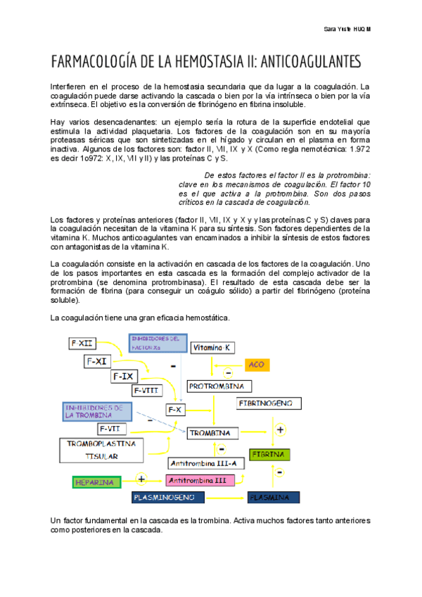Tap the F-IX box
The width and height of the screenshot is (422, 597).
pyautogui.click(x=123, y=377)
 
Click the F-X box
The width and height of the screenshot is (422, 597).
pyautogui.click(x=174, y=409)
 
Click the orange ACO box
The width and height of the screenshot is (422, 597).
pyautogui.click(x=257, y=365)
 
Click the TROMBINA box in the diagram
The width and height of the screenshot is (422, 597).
pyautogui.click(x=210, y=432)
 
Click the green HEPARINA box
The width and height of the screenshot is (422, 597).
pyautogui.click(x=96, y=482)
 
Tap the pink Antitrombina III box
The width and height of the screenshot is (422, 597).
pyautogui.click(x=198, y=480)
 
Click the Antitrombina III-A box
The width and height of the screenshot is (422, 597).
pyautogui.click(x=206, y=463)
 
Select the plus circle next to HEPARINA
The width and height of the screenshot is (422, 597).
pyautogui.click(x=141, y=479)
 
